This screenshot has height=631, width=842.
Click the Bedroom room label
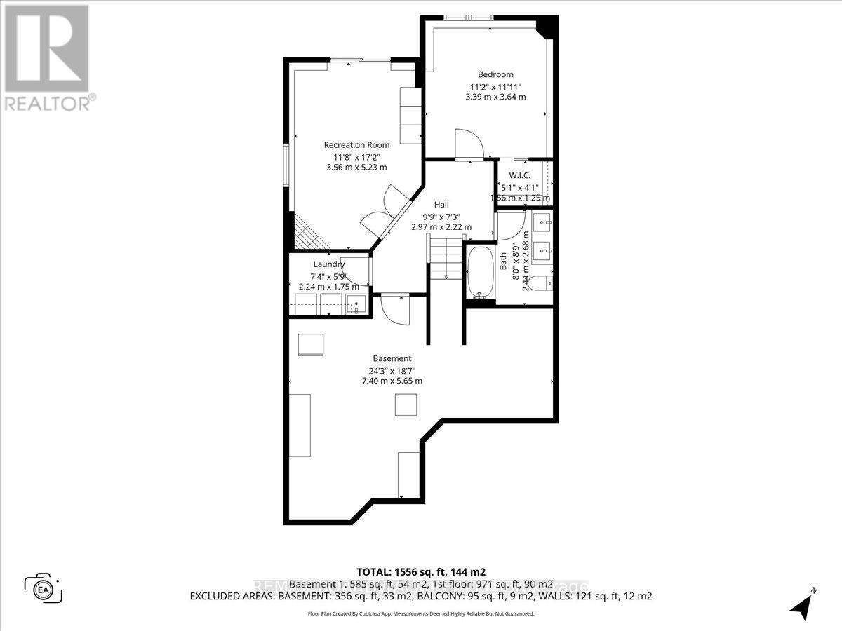(495, 74)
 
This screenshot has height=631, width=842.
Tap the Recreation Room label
(356, 145)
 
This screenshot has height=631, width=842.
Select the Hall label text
(441, 204)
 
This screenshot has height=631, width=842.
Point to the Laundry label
(328, 264)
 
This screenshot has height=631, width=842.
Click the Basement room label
(392, 358)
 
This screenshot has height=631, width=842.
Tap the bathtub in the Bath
(481, 273)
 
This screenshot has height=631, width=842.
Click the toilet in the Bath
(541, 283)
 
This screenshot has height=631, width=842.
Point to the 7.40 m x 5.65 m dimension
(392, 381)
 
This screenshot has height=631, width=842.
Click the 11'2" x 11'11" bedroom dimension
(495, 87)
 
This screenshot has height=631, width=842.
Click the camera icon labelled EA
(44, 588)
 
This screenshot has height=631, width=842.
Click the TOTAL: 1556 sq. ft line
(421, 571)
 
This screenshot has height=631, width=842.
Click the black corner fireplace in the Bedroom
(546, 27)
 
